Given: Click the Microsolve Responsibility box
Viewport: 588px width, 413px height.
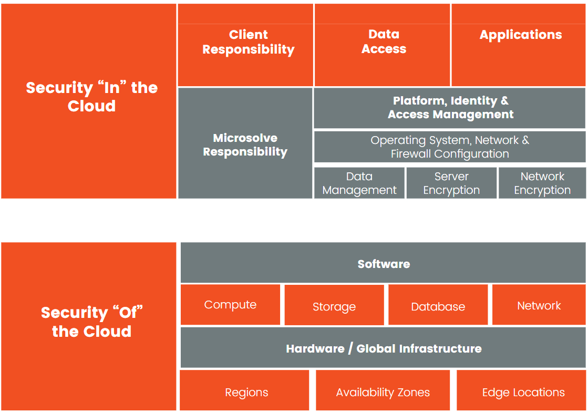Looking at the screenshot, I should coord(245,144).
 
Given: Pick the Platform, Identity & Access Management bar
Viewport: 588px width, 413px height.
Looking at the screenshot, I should coord(450,107).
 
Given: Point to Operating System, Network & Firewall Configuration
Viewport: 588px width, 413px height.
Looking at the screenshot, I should coord(450,147).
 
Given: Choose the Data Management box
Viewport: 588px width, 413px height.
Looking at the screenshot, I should coord(359,183).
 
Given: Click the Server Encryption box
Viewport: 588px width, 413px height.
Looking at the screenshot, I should coord(451,183).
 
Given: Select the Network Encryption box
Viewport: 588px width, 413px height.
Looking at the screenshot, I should coord(542,183).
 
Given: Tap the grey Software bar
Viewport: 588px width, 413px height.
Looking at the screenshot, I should coord(384,264).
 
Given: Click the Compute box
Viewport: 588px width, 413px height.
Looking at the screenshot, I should coord(230,305).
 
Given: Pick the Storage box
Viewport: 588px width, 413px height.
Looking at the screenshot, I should coord(334,306).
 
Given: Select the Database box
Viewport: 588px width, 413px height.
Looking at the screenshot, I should coord(438,306).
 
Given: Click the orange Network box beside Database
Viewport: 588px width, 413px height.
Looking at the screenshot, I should coord(539,305).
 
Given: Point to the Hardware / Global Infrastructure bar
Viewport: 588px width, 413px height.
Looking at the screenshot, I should coord(384,348).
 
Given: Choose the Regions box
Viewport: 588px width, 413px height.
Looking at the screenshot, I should coord(246,392).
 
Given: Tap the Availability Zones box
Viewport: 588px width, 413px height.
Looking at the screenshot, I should coord(383,392).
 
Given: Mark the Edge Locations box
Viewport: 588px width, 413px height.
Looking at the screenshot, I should coord(523,392).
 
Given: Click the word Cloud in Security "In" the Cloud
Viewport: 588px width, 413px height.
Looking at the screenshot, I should coord(91,106).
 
